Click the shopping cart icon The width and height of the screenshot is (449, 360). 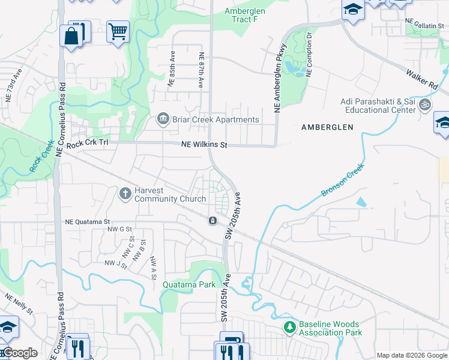(x=118, y=31)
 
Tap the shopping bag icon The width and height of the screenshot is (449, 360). (x=71, y=36)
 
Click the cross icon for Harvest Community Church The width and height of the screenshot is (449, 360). (x=125, y=193)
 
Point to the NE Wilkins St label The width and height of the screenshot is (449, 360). (x=205, y=145)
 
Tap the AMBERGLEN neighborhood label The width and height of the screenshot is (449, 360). (x=327, y=127)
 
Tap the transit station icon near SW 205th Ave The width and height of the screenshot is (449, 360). (x=212, y=221)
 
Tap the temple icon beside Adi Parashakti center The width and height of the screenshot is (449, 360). (x=425, y=105)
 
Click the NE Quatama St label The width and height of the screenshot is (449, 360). (x=87, y=221)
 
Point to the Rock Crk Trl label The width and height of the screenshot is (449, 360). (x=88, y=145)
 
